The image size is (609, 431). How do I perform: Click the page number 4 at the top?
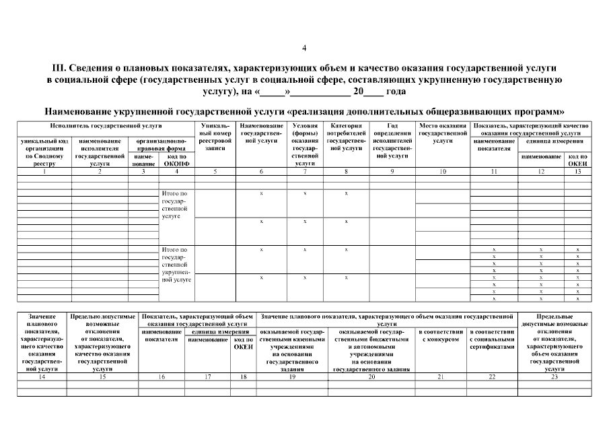[x=304, y=48]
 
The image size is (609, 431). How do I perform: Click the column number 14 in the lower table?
[x=42, y=377]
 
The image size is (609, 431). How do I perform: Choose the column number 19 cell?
[x=291, y=377]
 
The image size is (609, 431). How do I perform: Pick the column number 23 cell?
[x=555, y=377]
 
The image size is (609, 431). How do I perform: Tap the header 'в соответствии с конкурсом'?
[x=441, y=335]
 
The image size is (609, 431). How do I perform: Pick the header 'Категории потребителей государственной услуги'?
[x=346, y=137]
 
